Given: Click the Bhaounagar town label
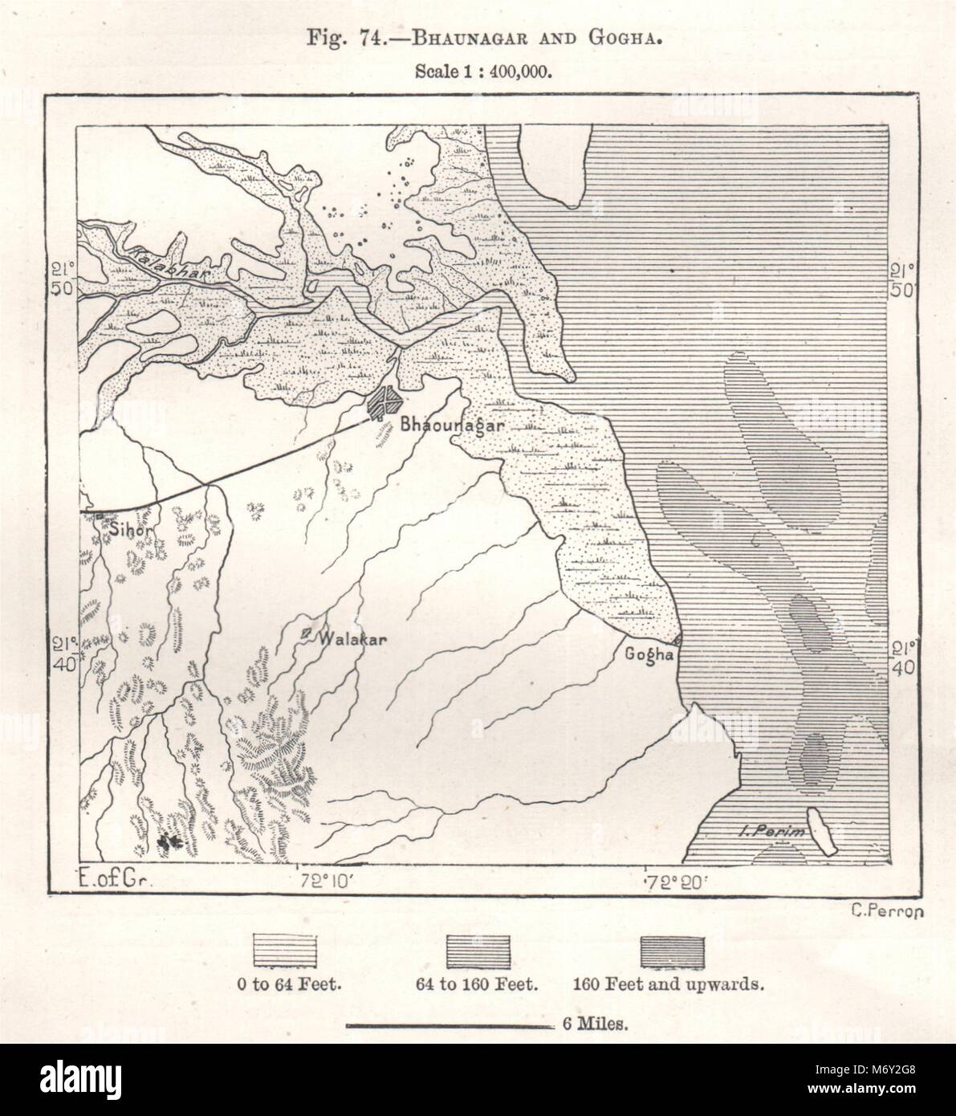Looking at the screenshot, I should coord(453,426).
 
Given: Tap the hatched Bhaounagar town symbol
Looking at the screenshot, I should coord(383,403).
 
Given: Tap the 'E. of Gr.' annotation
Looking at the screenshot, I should coord(115,878).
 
